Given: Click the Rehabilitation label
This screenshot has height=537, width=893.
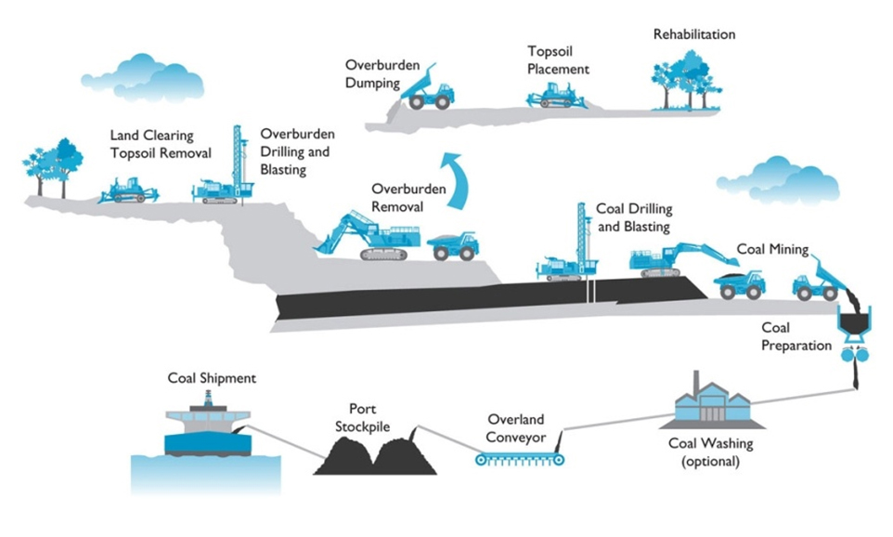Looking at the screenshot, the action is (693, 34).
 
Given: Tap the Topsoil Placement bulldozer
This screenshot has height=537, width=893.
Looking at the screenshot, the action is (556, 96).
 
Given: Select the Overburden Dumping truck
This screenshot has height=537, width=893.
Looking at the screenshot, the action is (427, 87).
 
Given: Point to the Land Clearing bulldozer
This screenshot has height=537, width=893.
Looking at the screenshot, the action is (128, 190).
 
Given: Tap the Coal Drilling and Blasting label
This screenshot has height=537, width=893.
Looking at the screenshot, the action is (634, 217).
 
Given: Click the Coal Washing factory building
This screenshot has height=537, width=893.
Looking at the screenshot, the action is (712, 403).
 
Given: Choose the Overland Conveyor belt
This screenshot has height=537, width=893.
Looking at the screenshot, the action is (520, 458).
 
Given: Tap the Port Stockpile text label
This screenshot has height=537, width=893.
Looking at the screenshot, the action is (362, 418).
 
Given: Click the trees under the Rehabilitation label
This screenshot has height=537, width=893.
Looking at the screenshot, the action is (686, 80).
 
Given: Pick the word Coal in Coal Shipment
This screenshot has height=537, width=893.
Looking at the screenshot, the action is (182, 378).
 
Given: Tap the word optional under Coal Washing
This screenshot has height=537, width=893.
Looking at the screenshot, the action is (711, 461).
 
